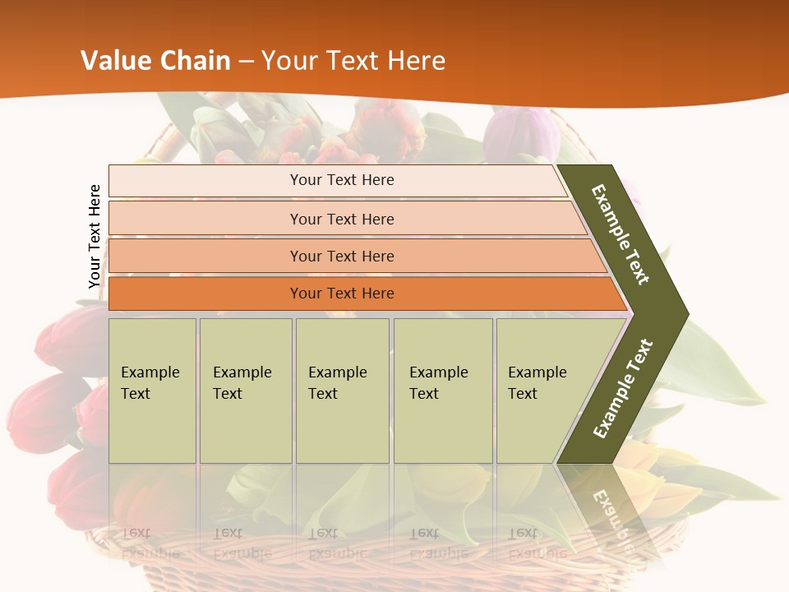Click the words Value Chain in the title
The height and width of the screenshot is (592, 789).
pyautogui.click(x=155, y=61)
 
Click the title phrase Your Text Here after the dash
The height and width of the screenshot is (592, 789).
pyautogui.click(x=353, y=61)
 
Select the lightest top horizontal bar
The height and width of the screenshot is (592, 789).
pyautogui.click(x=337, y=180)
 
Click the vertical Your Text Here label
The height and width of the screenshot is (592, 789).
pyautogui.click(x=95, y=237)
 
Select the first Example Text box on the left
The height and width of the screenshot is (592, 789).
pyautogui.click(x=152, y=390)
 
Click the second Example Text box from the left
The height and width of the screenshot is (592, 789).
pyautogui.click(x=245, y=390)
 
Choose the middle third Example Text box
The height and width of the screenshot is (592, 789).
pyautogui.click(x=342, y=390)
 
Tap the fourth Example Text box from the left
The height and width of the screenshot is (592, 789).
pyautogui.click(x=443, y=390)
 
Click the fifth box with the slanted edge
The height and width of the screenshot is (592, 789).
pyautogui.click(x=542, y=390)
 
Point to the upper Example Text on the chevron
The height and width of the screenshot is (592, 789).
pyautogui.click(x=621, y=234)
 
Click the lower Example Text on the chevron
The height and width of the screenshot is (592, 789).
pyautogui.click(x=623, y=388)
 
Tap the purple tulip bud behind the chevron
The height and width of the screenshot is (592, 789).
pyautogui.click(x=526, y=132)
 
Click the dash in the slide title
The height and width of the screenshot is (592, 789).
pyautogui.click(x=246, y=62)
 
